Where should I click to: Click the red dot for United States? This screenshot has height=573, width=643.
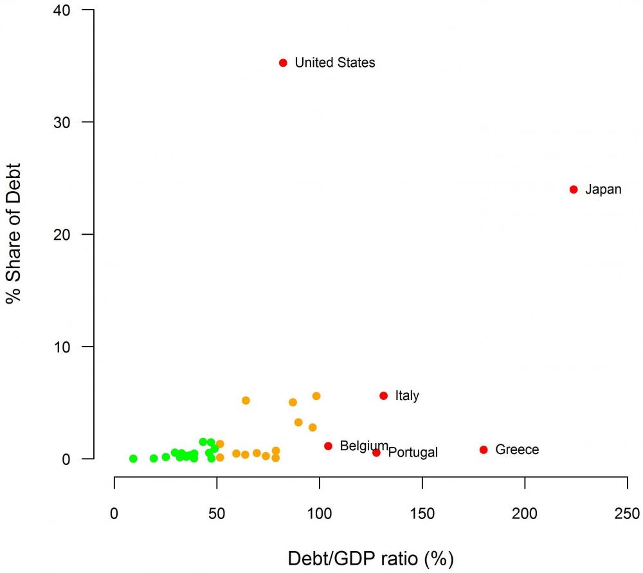coord(283,62)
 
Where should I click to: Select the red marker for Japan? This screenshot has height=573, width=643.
coord(574,189)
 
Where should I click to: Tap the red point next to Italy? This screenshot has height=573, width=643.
coord(384,396)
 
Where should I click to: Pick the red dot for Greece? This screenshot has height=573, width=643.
coord(484,450)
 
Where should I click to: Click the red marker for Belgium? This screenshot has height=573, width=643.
coord(328,446)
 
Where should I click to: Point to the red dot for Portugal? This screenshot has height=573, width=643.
coord(376,453)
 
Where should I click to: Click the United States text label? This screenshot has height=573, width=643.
coord(334,63)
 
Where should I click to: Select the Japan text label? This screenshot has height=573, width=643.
coord(603,190)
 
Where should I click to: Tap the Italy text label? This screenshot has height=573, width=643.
coord(407,396)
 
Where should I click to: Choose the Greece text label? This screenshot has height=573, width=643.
coord(517,450)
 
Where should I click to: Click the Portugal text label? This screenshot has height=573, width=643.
coord(413,453)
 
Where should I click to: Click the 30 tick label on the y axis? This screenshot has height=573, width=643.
coord(64,122)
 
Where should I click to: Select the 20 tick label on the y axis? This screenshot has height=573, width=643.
coord(64,234)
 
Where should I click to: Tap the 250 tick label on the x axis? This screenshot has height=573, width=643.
coord(627,514)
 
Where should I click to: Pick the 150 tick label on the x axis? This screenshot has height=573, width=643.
coord(422,514)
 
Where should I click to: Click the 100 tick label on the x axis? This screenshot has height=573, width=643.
coord(320,514)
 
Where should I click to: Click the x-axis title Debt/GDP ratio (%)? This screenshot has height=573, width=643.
coord(370,558)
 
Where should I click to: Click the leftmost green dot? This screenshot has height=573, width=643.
coord(133,459)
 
